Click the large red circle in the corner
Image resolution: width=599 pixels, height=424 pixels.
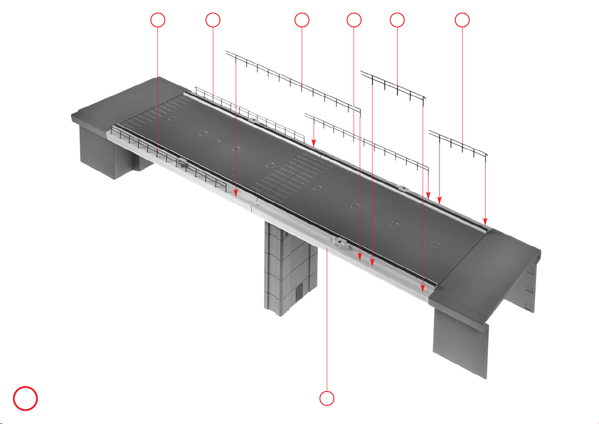pos(25,398)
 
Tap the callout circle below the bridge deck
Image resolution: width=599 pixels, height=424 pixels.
pos(326,398)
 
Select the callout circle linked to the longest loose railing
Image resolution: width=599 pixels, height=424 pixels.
pos(302,20)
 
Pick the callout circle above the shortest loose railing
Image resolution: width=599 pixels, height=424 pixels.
pos(462,20)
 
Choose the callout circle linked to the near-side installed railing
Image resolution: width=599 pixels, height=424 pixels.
pos(158,20)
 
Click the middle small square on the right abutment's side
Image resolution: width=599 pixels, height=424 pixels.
pos(530,289)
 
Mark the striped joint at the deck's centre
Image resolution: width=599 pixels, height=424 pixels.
pos(290,176)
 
